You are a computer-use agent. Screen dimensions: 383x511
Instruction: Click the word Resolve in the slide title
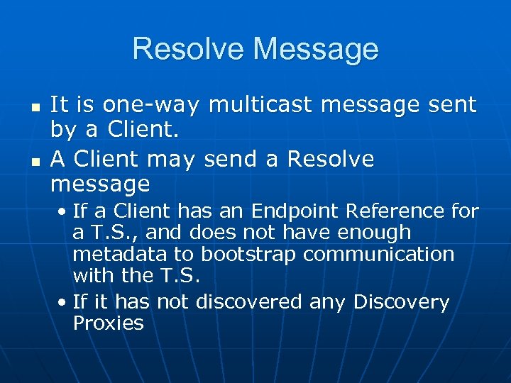click(x=188, y=49)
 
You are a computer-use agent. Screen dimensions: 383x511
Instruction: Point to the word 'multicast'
click(x=262, y=105)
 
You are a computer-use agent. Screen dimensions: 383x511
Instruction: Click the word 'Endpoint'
click(x=295, y=211)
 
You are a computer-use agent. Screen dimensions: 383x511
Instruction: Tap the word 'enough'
click(x=375, y=232)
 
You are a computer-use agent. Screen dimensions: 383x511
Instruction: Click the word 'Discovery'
click(x=402, y=302)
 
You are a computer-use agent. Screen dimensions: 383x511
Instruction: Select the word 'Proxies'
click(x=108, y=323)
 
